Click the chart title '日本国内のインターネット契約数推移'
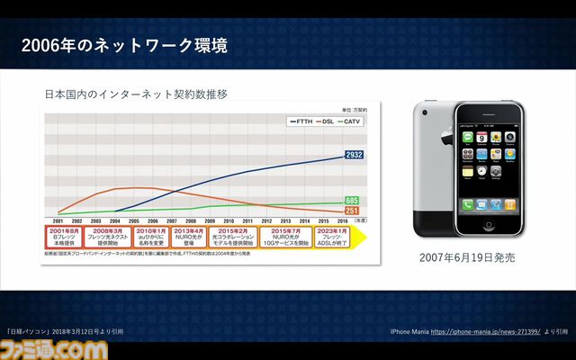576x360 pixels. [136, 93]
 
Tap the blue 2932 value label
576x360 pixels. [354, 156]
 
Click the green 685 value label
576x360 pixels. [353, 201]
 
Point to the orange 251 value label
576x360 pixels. [353, 211]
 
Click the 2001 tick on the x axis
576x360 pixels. [58, 220]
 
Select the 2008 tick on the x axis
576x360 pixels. [191, 220]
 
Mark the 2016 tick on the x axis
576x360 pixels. [343, 220]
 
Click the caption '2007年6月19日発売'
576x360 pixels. [466, 258]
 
